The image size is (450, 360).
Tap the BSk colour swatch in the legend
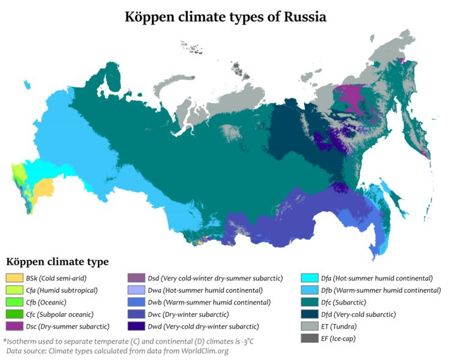14,278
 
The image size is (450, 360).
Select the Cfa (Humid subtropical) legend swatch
14,290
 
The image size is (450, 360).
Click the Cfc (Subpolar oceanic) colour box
14,314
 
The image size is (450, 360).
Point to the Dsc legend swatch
14,326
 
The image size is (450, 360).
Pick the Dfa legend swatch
310,278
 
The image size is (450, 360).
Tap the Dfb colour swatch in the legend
310,290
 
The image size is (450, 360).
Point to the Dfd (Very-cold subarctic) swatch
310,314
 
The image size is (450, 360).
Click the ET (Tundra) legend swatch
310,326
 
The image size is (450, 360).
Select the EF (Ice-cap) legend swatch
310,338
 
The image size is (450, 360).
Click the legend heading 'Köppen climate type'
57,262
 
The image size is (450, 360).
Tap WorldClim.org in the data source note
196,350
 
